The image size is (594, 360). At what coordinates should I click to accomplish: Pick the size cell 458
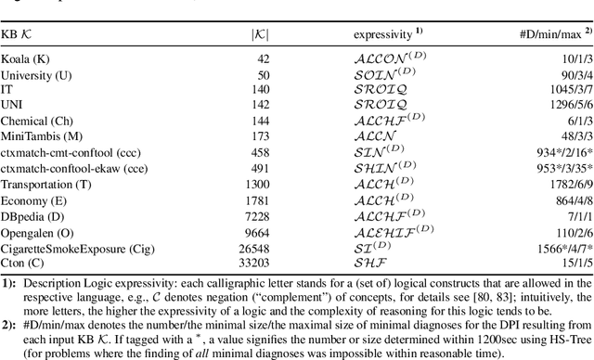point(258,150)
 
